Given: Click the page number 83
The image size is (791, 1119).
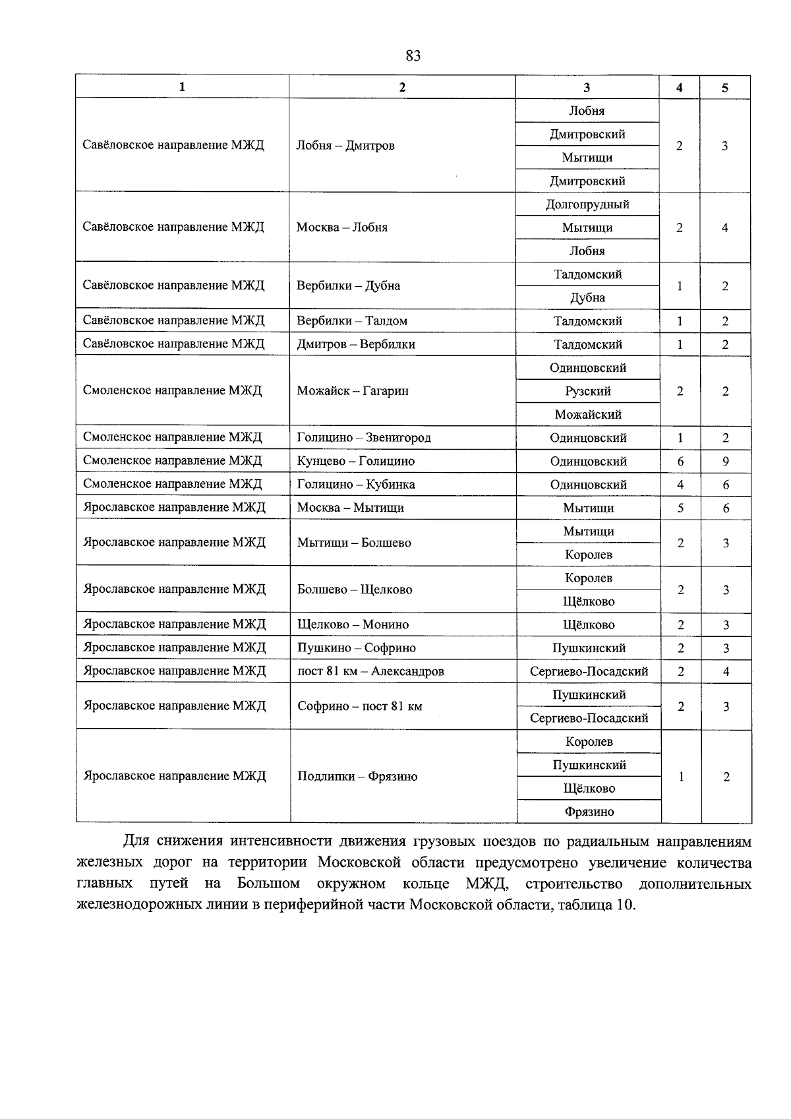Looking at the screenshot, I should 413,56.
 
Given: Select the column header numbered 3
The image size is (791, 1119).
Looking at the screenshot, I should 587,87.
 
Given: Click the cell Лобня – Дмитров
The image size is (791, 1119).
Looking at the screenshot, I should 345,146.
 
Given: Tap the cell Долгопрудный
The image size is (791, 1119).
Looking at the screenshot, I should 587,204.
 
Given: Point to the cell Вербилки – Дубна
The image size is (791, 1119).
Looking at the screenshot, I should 348,286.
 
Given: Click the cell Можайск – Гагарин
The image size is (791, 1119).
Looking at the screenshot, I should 353,391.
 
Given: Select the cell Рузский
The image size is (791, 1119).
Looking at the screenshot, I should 587,391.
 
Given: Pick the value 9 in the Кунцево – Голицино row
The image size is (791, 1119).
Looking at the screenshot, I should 725,462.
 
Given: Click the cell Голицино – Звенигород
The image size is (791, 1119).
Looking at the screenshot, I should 364,438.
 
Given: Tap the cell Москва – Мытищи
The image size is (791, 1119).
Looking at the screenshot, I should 351,508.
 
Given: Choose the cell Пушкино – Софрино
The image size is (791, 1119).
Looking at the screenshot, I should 357,648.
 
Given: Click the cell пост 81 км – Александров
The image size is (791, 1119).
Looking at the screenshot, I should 370,671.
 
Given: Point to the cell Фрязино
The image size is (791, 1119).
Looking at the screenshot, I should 589,812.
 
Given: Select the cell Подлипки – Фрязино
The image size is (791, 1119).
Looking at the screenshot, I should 357,777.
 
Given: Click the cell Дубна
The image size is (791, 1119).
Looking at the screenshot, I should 587,298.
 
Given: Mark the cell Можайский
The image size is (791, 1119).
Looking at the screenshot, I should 588,415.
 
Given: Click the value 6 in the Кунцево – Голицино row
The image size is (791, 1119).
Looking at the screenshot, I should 680,462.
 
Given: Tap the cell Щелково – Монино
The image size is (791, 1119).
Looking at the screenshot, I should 353,624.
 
